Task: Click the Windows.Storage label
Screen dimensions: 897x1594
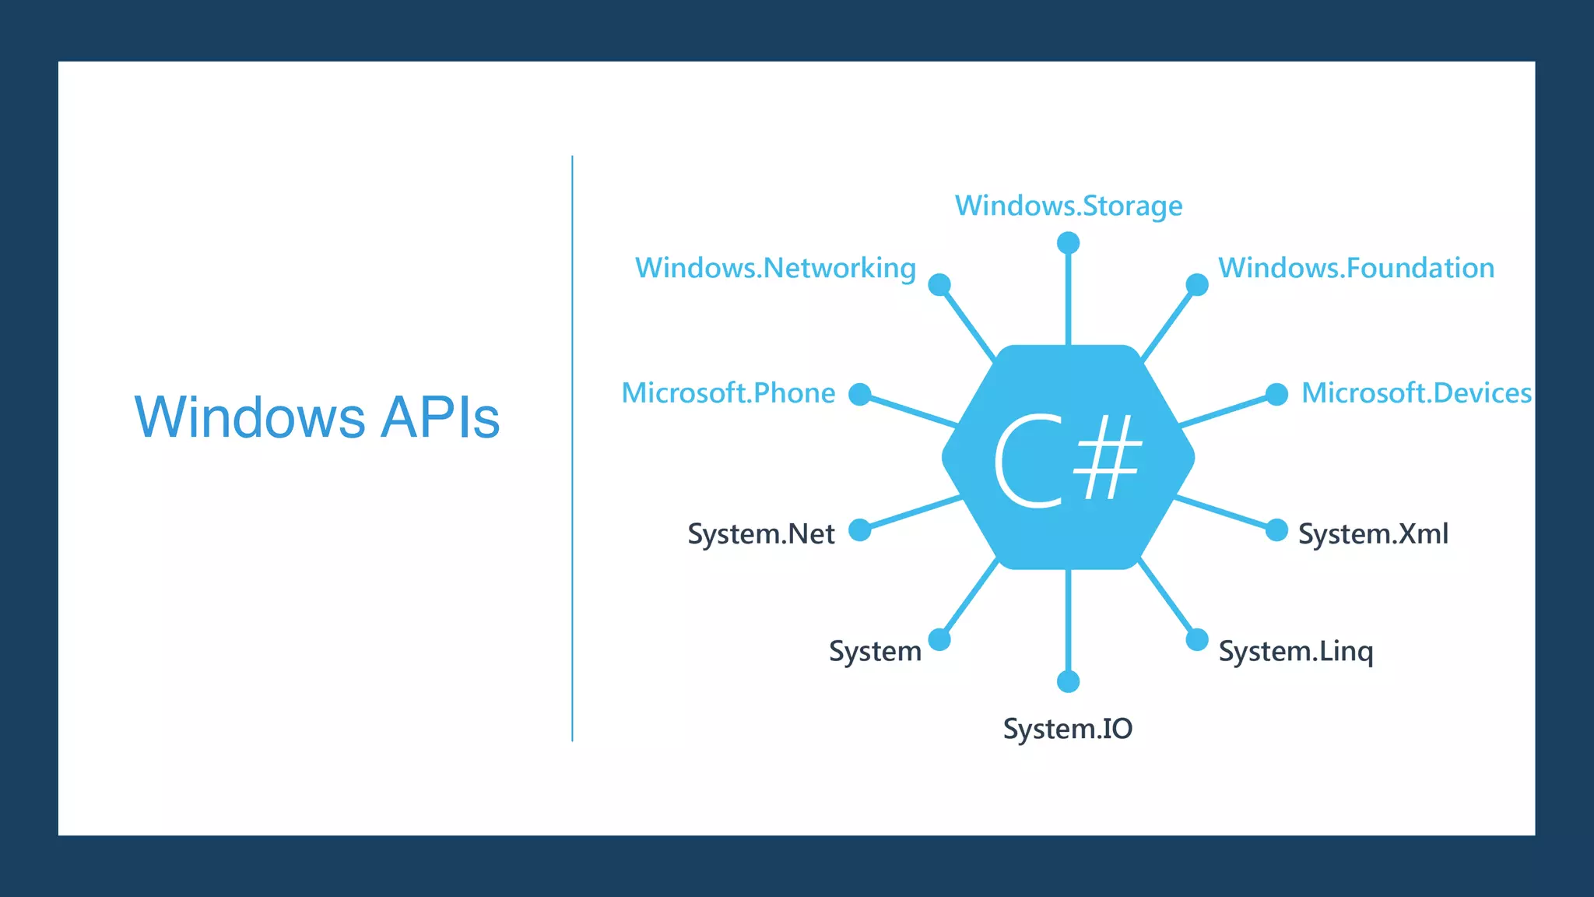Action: click(x=1068, y=206)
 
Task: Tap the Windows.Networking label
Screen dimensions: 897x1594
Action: click(x=775, y=269)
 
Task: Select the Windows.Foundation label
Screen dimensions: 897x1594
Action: click(x=1356, y=269)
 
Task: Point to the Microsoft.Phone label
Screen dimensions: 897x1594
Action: click(x=728, y=393)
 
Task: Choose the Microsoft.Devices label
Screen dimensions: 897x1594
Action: click(x=1416, y=393)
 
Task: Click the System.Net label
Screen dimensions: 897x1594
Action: click(x=760, y=534)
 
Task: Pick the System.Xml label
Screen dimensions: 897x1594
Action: click(x=1373, y=534)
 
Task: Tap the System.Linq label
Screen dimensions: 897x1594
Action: click(x=1295, y=652)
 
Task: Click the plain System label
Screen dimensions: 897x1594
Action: click(x=875, y=652)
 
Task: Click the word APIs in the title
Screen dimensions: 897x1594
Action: click(x=440, y=418)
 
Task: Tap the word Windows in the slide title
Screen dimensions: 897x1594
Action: click(x=249, y=418)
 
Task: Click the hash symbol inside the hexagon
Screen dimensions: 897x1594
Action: click(x=1108, y=457)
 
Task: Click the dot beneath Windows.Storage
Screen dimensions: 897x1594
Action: click(x=1068, y=243)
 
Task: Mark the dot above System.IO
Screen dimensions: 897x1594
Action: click(x=1068, y=682)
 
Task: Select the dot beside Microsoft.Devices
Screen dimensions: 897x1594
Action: click(x=1276, y=395)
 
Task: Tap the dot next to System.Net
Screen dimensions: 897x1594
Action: click(x=859, y=530)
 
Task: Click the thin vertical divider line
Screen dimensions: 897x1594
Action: click(x=572, y=448)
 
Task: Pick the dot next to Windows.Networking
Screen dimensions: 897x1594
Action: click(x=939, y=284)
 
